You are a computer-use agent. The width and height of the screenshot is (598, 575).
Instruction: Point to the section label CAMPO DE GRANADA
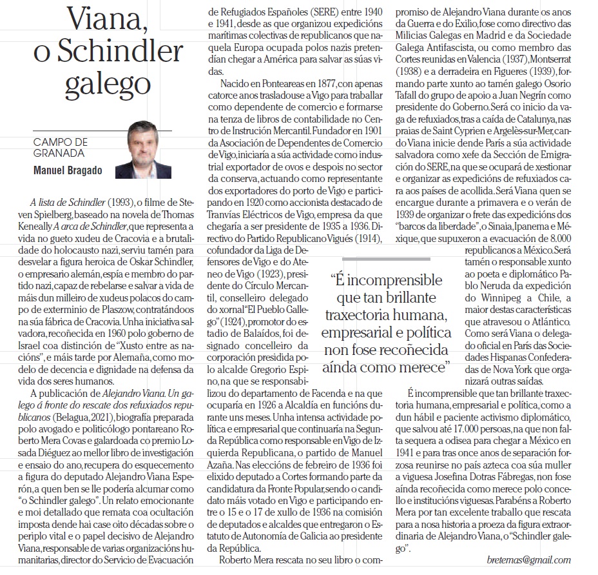(59, 148)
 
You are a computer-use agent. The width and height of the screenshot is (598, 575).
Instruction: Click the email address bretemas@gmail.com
(529, 560)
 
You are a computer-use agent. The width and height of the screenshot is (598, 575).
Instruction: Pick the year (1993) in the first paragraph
(121, 202)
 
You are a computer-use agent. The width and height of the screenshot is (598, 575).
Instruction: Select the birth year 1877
(313, 85)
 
